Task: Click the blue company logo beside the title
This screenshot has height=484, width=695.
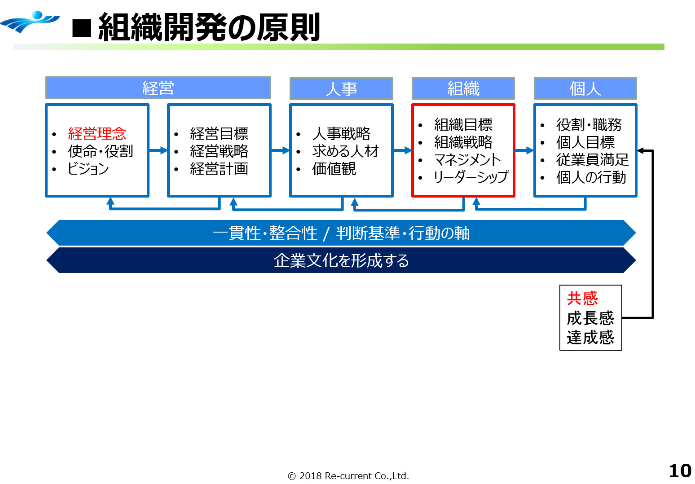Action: pos(31,22)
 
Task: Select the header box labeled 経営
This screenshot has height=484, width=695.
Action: pos(158,88)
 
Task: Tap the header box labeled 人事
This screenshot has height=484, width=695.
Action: pos(341,88)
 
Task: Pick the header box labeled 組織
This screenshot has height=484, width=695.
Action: pos(463,88)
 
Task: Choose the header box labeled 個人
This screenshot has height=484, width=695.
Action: pos(585,88)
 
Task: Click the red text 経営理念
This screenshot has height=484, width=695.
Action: pos(97,133)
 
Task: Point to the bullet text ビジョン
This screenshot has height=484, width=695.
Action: pos(88,168)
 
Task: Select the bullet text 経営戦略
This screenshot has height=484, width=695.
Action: pos(219,151)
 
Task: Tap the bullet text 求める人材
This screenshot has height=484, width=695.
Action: pos(346,151)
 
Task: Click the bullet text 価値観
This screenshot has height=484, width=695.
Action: pos(334,168)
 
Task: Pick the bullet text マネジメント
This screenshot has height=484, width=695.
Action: pos(467,159)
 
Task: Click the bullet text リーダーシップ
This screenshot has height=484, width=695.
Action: pos(471,177)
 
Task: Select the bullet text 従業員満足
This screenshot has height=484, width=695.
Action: pos(593,159)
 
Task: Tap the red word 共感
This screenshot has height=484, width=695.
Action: pos(582,298)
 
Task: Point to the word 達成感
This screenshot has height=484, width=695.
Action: pos(590,337)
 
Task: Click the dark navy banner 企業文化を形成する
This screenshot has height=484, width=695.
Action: pos(341,260)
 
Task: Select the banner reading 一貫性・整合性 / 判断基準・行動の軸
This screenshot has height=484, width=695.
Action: pos(341,233)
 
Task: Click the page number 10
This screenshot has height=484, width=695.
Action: pos(680,471)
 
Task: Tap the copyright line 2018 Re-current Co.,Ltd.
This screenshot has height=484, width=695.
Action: pos(348,475)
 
